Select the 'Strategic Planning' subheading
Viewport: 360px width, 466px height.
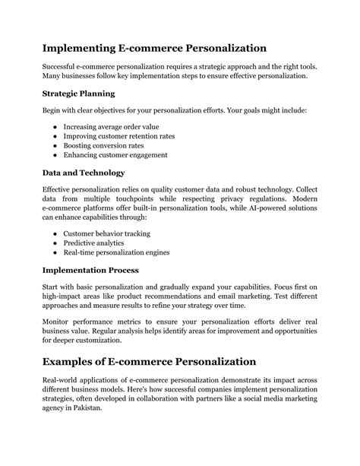[x=79, y=94]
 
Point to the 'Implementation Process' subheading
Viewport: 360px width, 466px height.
[x=90, y=269]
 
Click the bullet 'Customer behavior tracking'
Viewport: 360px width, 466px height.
[x=107, y=233]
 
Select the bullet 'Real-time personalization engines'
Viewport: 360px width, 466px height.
[x=116, y=252]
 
